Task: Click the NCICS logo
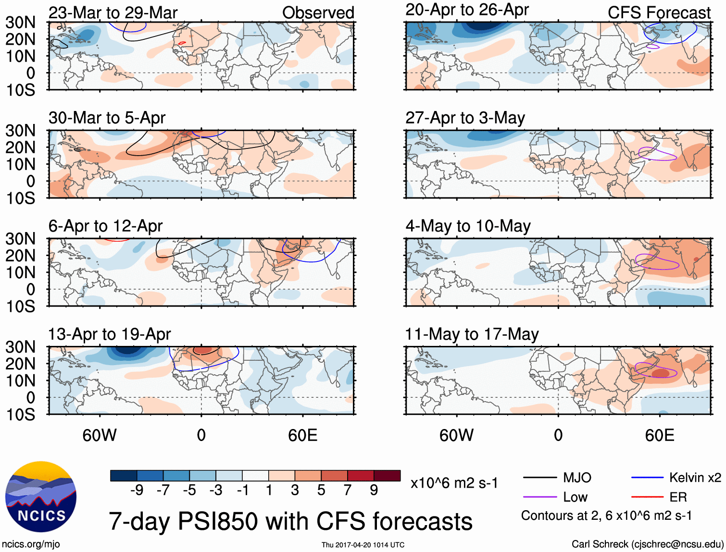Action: (41, 496)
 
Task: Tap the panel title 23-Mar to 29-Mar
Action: (113, 12)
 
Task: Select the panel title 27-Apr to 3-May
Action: (465, 118)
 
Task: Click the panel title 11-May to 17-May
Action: (472, 334)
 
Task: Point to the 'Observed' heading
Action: (318, 12)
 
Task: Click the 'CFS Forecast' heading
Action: (659, 12)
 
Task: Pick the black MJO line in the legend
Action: (540, 478)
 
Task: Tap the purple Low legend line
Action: (540, 497)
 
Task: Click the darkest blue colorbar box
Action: (124, 476)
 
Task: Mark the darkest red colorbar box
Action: (387, 476)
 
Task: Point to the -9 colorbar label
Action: (137, 490)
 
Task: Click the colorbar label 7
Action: (348, 490)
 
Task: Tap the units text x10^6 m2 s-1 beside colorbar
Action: (454, 483)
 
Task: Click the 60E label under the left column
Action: (302, 435)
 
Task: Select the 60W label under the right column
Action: (456, 435)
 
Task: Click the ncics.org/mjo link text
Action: (31, 544)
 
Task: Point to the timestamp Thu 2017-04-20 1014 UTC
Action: (363, 545)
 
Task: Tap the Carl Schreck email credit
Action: (647, 544)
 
